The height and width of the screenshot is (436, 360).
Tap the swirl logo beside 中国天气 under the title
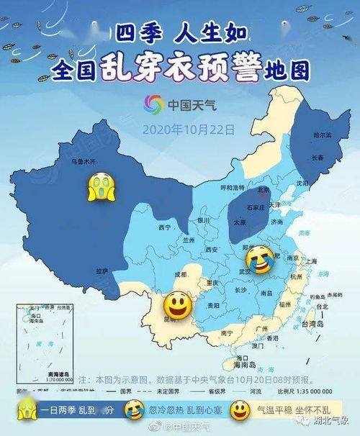pyautogui.click(x=155, y=105)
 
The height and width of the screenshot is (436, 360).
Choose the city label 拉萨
pyautogui.click(x=102, y=271)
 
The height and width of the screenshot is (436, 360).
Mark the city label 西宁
pyautogui.click(x=165, y=227)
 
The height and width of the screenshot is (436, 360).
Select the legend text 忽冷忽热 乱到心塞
pyautogui.click(x=182, y=411)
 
